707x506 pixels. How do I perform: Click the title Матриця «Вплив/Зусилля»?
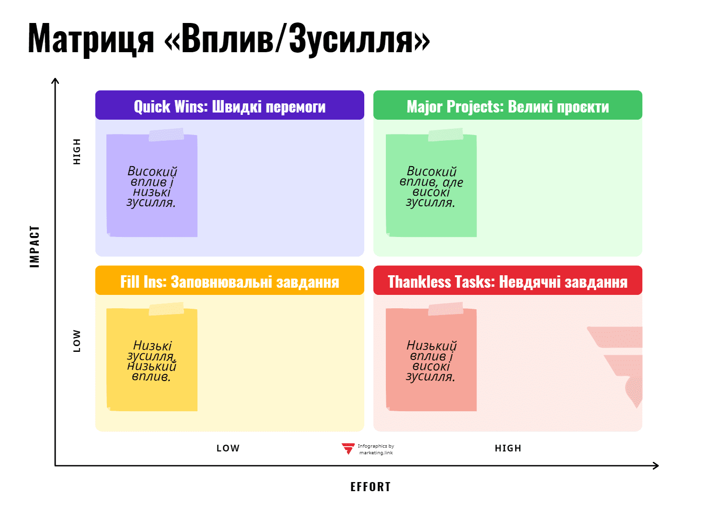[229, 38]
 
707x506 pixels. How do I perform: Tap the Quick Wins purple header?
[230, 105]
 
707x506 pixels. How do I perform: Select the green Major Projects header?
[508, 105]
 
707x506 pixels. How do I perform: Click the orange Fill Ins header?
[230, 281]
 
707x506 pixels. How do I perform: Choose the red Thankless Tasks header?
[508, 281]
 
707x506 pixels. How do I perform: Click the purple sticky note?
[152, 187]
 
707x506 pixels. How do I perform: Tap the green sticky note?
[431, 187]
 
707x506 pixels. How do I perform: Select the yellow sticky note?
[152, 361]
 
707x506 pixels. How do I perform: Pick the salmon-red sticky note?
[431, 361]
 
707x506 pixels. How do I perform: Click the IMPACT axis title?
[35, 246]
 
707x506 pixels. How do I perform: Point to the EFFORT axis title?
[371, 487]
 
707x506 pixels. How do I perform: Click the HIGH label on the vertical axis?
[77, 151]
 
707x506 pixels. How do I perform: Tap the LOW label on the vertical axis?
[77, 340]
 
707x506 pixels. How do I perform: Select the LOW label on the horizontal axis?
[228, 448]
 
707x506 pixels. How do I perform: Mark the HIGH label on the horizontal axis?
[508, 448]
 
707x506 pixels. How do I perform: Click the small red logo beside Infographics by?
[348, 448]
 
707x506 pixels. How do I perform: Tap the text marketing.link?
[376, 453]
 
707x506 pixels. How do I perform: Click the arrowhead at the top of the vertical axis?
[55, 80]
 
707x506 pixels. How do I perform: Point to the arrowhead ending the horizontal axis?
[656, 465]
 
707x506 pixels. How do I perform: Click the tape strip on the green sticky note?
[446, 135]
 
